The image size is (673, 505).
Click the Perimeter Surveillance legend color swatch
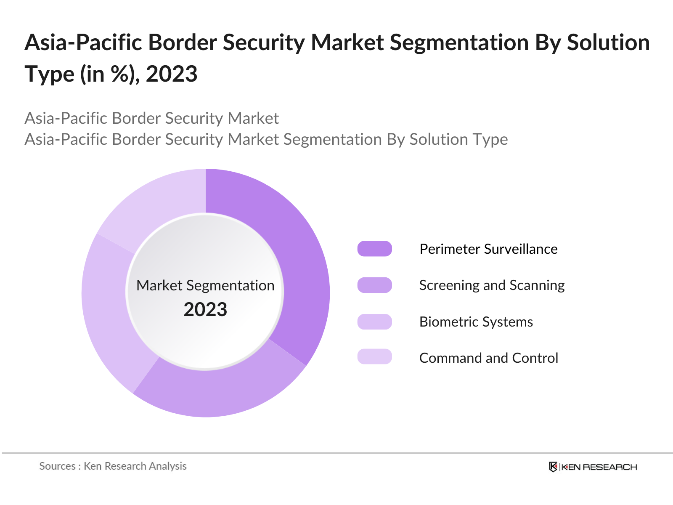point(374,249)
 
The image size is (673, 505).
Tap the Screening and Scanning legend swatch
point(374,285)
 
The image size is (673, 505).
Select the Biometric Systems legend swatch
point(374,322)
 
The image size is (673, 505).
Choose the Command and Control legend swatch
point(374,356)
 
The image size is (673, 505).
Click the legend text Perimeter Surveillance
point(488,249)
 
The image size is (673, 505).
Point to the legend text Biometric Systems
point(476,322)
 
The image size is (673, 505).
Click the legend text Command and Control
point(488,358)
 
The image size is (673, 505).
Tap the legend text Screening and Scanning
point(492,285)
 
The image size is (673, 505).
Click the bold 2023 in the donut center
point(205,310)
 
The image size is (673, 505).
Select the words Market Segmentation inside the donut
point(205,286)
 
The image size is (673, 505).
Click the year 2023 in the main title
point(172,74)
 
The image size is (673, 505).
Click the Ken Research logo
point(593,467)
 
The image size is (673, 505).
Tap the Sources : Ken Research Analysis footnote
point(113,466)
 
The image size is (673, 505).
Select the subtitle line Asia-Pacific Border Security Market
point(151,118)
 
